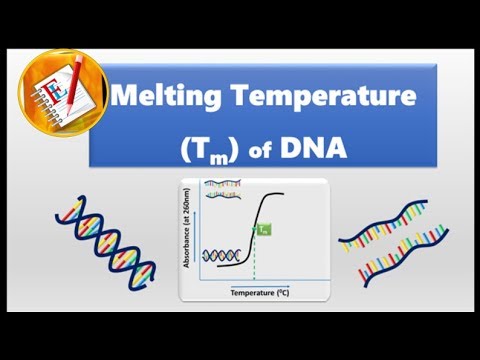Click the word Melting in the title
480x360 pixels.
tap(158, 99)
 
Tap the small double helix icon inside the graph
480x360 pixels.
tap(219, 257)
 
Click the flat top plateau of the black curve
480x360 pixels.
tap(290, 193)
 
